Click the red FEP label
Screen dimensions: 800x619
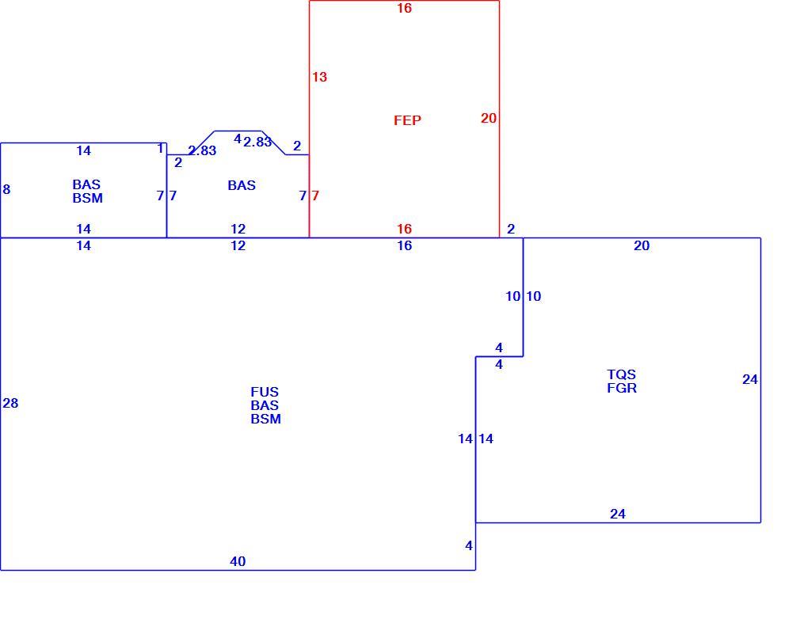pyautogui.click(x=407, y=120)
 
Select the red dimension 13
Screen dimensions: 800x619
pyautogui.click(x=319, y=77)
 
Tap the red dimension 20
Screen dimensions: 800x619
pyautogui.click(x=488, y=118)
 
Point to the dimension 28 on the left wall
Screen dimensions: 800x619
pyautogui.click(x=10, y=404)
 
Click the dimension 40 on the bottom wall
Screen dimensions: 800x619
pyautogui.click(x=238, y=561)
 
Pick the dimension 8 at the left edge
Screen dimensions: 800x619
pyautogui.click(x=6, y=190)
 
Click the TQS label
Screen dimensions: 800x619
pyautogui.click(x=622, y=374)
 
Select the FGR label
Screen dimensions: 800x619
pyautogui.click(x=622, y=388)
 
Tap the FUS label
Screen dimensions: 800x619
pyautogui.click(x=265, y=392)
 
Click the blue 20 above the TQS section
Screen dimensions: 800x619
pyautogui.click(x=642, y=245)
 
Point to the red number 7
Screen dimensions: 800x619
pyautogui.click(x=315, y=196)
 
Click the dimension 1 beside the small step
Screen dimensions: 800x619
pyautogui.click(x=160, y=148)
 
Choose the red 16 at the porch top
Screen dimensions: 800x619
pyautogui.click(x=404, y=8)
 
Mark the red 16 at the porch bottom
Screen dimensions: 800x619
pyautogui.click(x=404, y=229)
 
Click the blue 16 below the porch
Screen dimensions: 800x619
pyautogui.click(x=404, y=245)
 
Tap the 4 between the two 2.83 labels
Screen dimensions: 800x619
pyautogui.click(x=238, y=139)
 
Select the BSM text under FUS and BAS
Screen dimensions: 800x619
pyautogui.click(x=265, y=419)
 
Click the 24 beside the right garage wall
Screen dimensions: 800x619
pyautogui.click(x=750, y=379)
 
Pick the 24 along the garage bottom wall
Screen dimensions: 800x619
pyautogui.click(x=617, y=514)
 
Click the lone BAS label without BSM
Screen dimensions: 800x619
pyautogui.click(x=242, y=185)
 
